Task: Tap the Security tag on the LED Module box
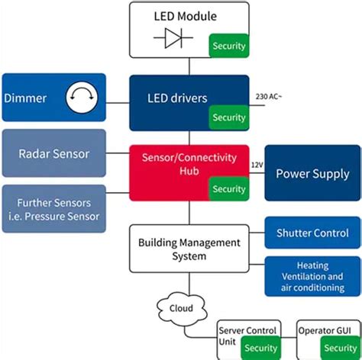(x=228, y=46)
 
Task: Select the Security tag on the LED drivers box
(x=228, y=117)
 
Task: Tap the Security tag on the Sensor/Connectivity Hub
(x=228, y=189)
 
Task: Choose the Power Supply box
(x=312, y=173)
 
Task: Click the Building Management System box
(x=189, y=249)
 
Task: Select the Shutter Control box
(x=312, y=233)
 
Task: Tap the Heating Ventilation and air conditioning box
(x=312, y=276)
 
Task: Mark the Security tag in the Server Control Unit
(x=261, y=348)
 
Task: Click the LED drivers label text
(x=178, y=98)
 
